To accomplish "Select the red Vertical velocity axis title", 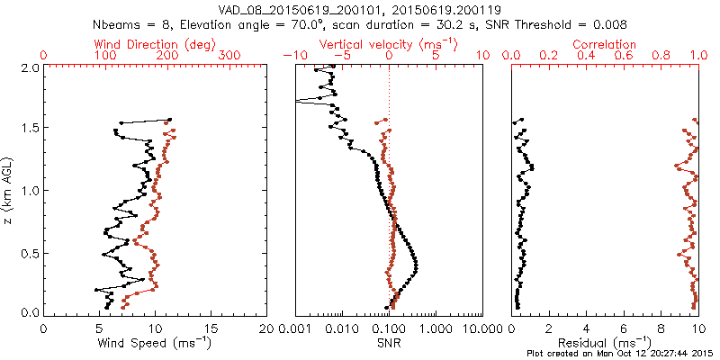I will (388, 44).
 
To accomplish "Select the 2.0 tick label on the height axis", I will (29, 67).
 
